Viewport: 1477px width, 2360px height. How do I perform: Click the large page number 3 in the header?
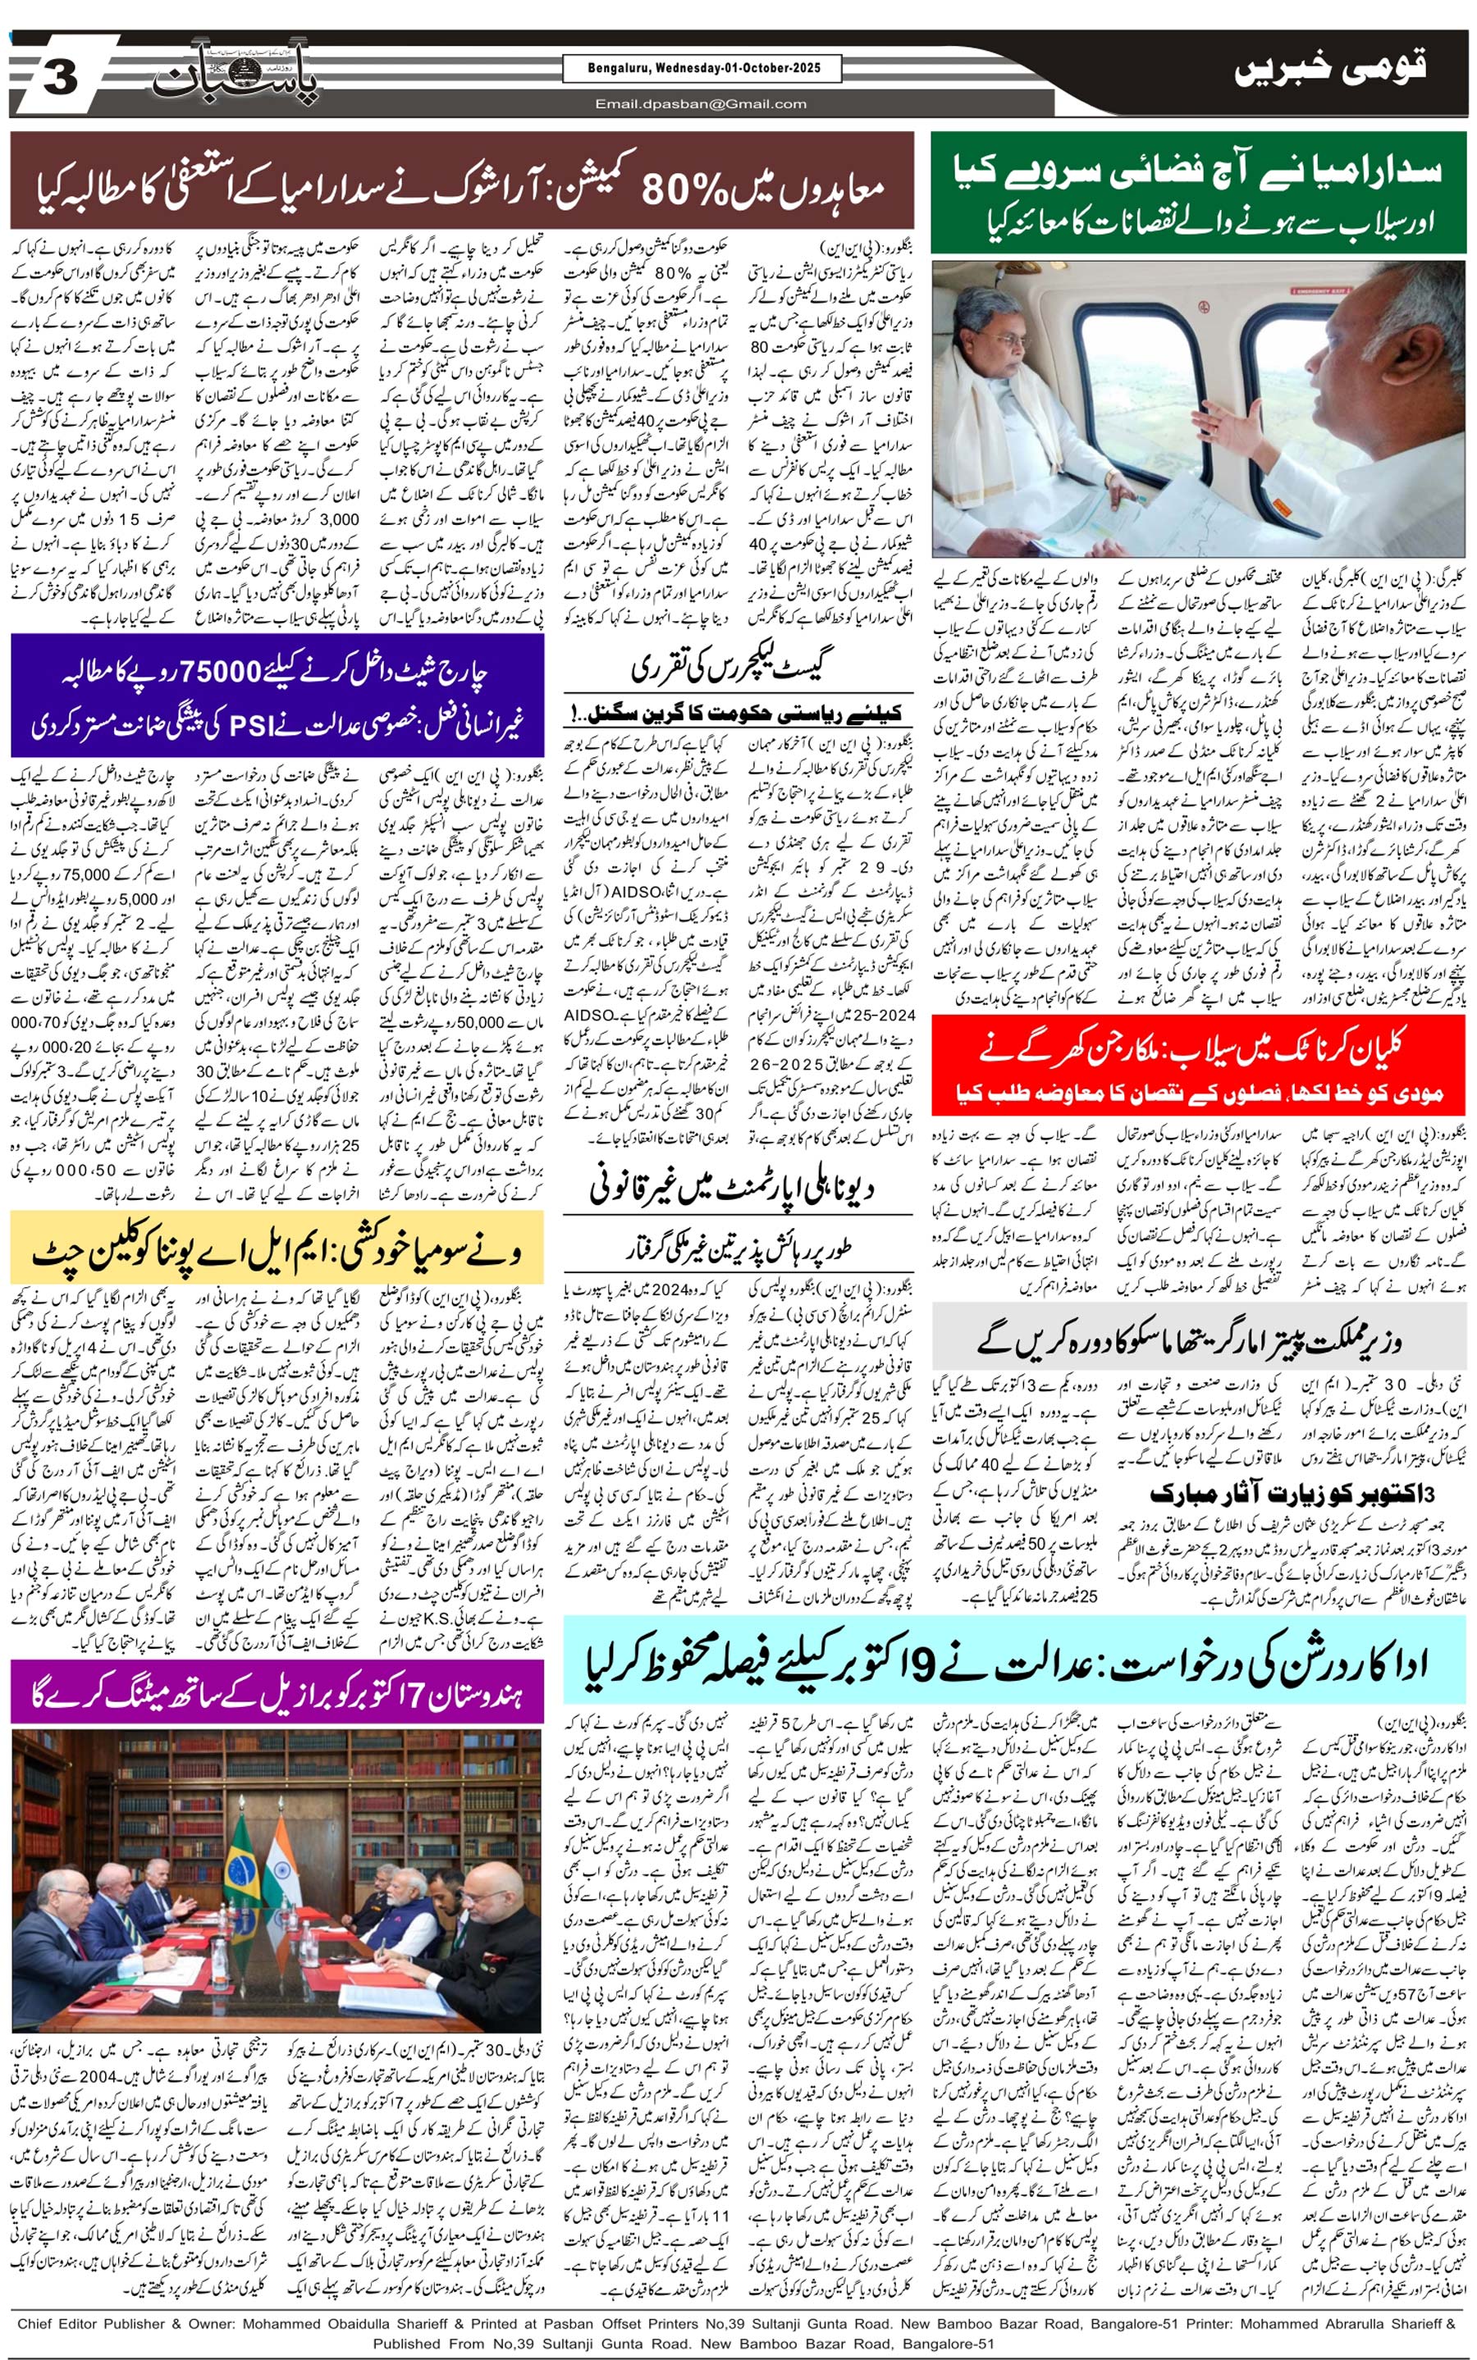click(x=58, y=78)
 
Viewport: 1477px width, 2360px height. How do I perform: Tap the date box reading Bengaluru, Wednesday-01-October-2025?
click(x=702, y=68)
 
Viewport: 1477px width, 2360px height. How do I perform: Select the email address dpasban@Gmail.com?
click(x=702, y=103)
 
